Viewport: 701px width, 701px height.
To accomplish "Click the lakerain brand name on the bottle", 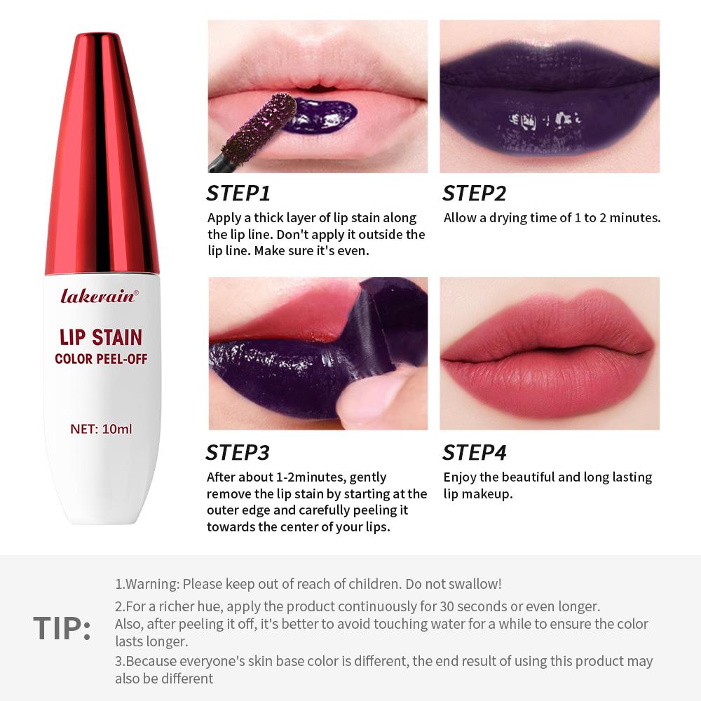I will coord(99,296).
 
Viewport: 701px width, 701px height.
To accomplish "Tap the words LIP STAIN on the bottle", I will coord(101,337).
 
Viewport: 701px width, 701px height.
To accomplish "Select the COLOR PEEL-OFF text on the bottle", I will coord(101,360).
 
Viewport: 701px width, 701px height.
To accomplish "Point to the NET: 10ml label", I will coord(101,428).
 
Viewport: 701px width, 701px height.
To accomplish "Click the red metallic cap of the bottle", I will coord(102,154).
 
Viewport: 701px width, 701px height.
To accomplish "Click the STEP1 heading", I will coord(238,193).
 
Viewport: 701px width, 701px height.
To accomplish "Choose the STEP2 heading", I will coord(475,193).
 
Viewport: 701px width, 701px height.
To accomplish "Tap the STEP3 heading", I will coord(238,453).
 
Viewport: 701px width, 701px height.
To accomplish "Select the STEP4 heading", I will coord(475,453).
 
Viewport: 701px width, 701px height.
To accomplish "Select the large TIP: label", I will coord(62,629).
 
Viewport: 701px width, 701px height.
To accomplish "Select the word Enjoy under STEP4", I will coord(460,477).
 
